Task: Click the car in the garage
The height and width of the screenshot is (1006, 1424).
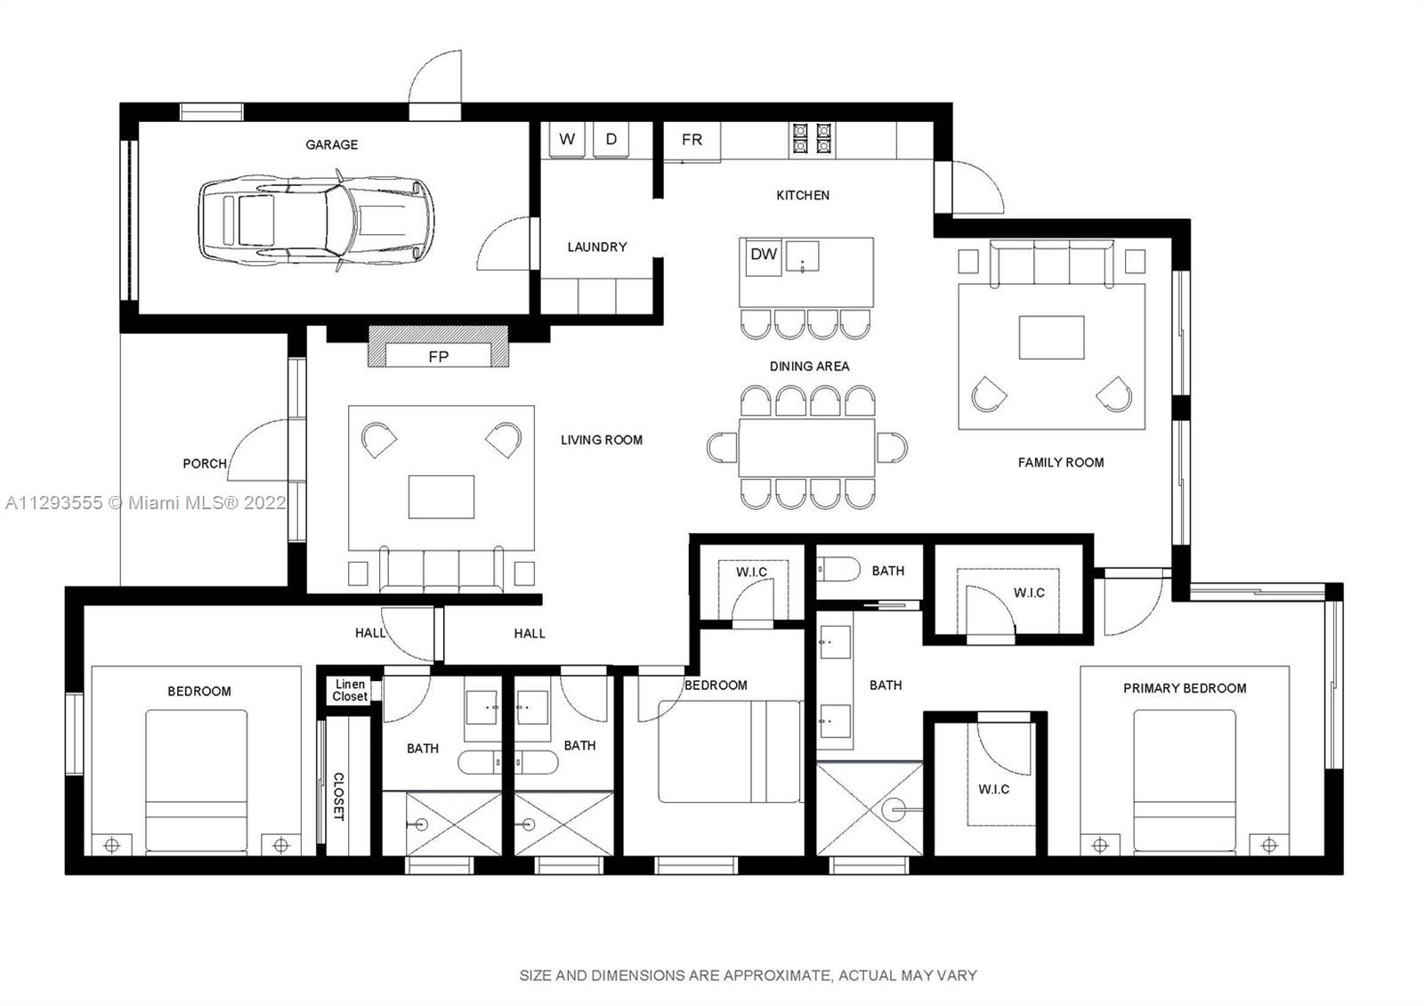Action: pos(317,221)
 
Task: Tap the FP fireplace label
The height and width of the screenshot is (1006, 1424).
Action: pos(438,357)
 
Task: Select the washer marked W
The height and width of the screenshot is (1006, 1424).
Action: pos(567,139)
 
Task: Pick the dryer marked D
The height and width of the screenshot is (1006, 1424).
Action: pos(611,139)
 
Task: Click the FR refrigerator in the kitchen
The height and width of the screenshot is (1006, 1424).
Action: pos(692,140)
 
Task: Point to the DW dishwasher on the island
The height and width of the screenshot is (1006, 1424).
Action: pos(764,256)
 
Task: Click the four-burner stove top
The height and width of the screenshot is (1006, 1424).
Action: pos(812,139)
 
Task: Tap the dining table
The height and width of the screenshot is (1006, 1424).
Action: pos(806,447)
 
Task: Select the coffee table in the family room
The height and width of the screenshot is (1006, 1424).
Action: pos(1051,337)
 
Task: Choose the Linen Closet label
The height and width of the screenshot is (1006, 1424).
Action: pos(350,690)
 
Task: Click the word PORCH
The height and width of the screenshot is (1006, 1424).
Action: pos(205,464)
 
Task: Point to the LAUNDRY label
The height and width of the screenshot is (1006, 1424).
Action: pos(597,247)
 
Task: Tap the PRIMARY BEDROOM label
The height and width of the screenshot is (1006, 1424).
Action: pos(1185,688)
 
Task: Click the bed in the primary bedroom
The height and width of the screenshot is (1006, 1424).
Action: pos(1185,782)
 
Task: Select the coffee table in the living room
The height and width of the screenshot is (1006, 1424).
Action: pos(441,497)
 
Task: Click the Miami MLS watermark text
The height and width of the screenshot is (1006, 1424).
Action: pos(146,503)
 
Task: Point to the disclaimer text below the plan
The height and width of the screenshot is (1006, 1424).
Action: pos(748,975)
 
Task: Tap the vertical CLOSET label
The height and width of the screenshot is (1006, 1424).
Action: pos(339,797)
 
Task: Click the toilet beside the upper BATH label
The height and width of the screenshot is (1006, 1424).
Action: pos(837,569)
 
